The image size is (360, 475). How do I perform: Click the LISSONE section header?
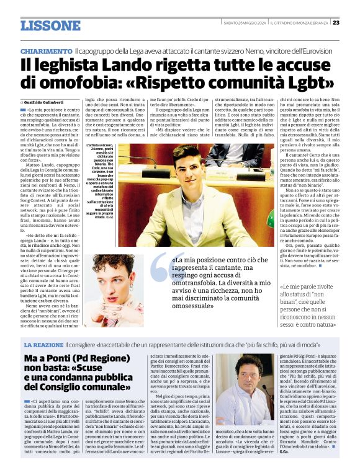(50, 25)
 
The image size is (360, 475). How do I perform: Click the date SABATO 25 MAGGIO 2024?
(245, 23)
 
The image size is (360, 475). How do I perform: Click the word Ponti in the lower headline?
(61, 358)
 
